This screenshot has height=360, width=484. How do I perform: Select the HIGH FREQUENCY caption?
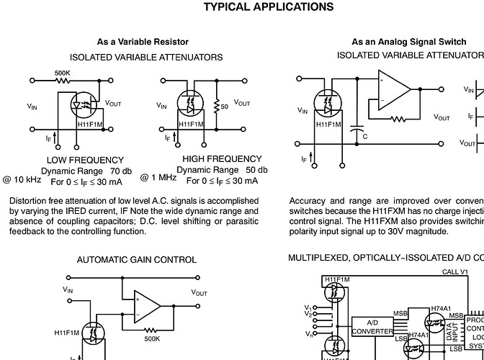pyautogui.click(x=222, y=158)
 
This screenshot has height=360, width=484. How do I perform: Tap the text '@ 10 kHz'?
pyautogui.click(x=22, y=178)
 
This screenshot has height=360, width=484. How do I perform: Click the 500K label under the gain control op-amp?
pyautogui.click(x=151, y=338)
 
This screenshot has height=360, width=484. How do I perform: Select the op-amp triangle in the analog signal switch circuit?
pyautogui.click(x=393, y=89)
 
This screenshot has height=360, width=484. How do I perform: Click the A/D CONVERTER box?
pyautogui.click(x=372, y=326)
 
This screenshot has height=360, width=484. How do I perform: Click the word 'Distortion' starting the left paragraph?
pyautogui.click(x=28, y=201)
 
